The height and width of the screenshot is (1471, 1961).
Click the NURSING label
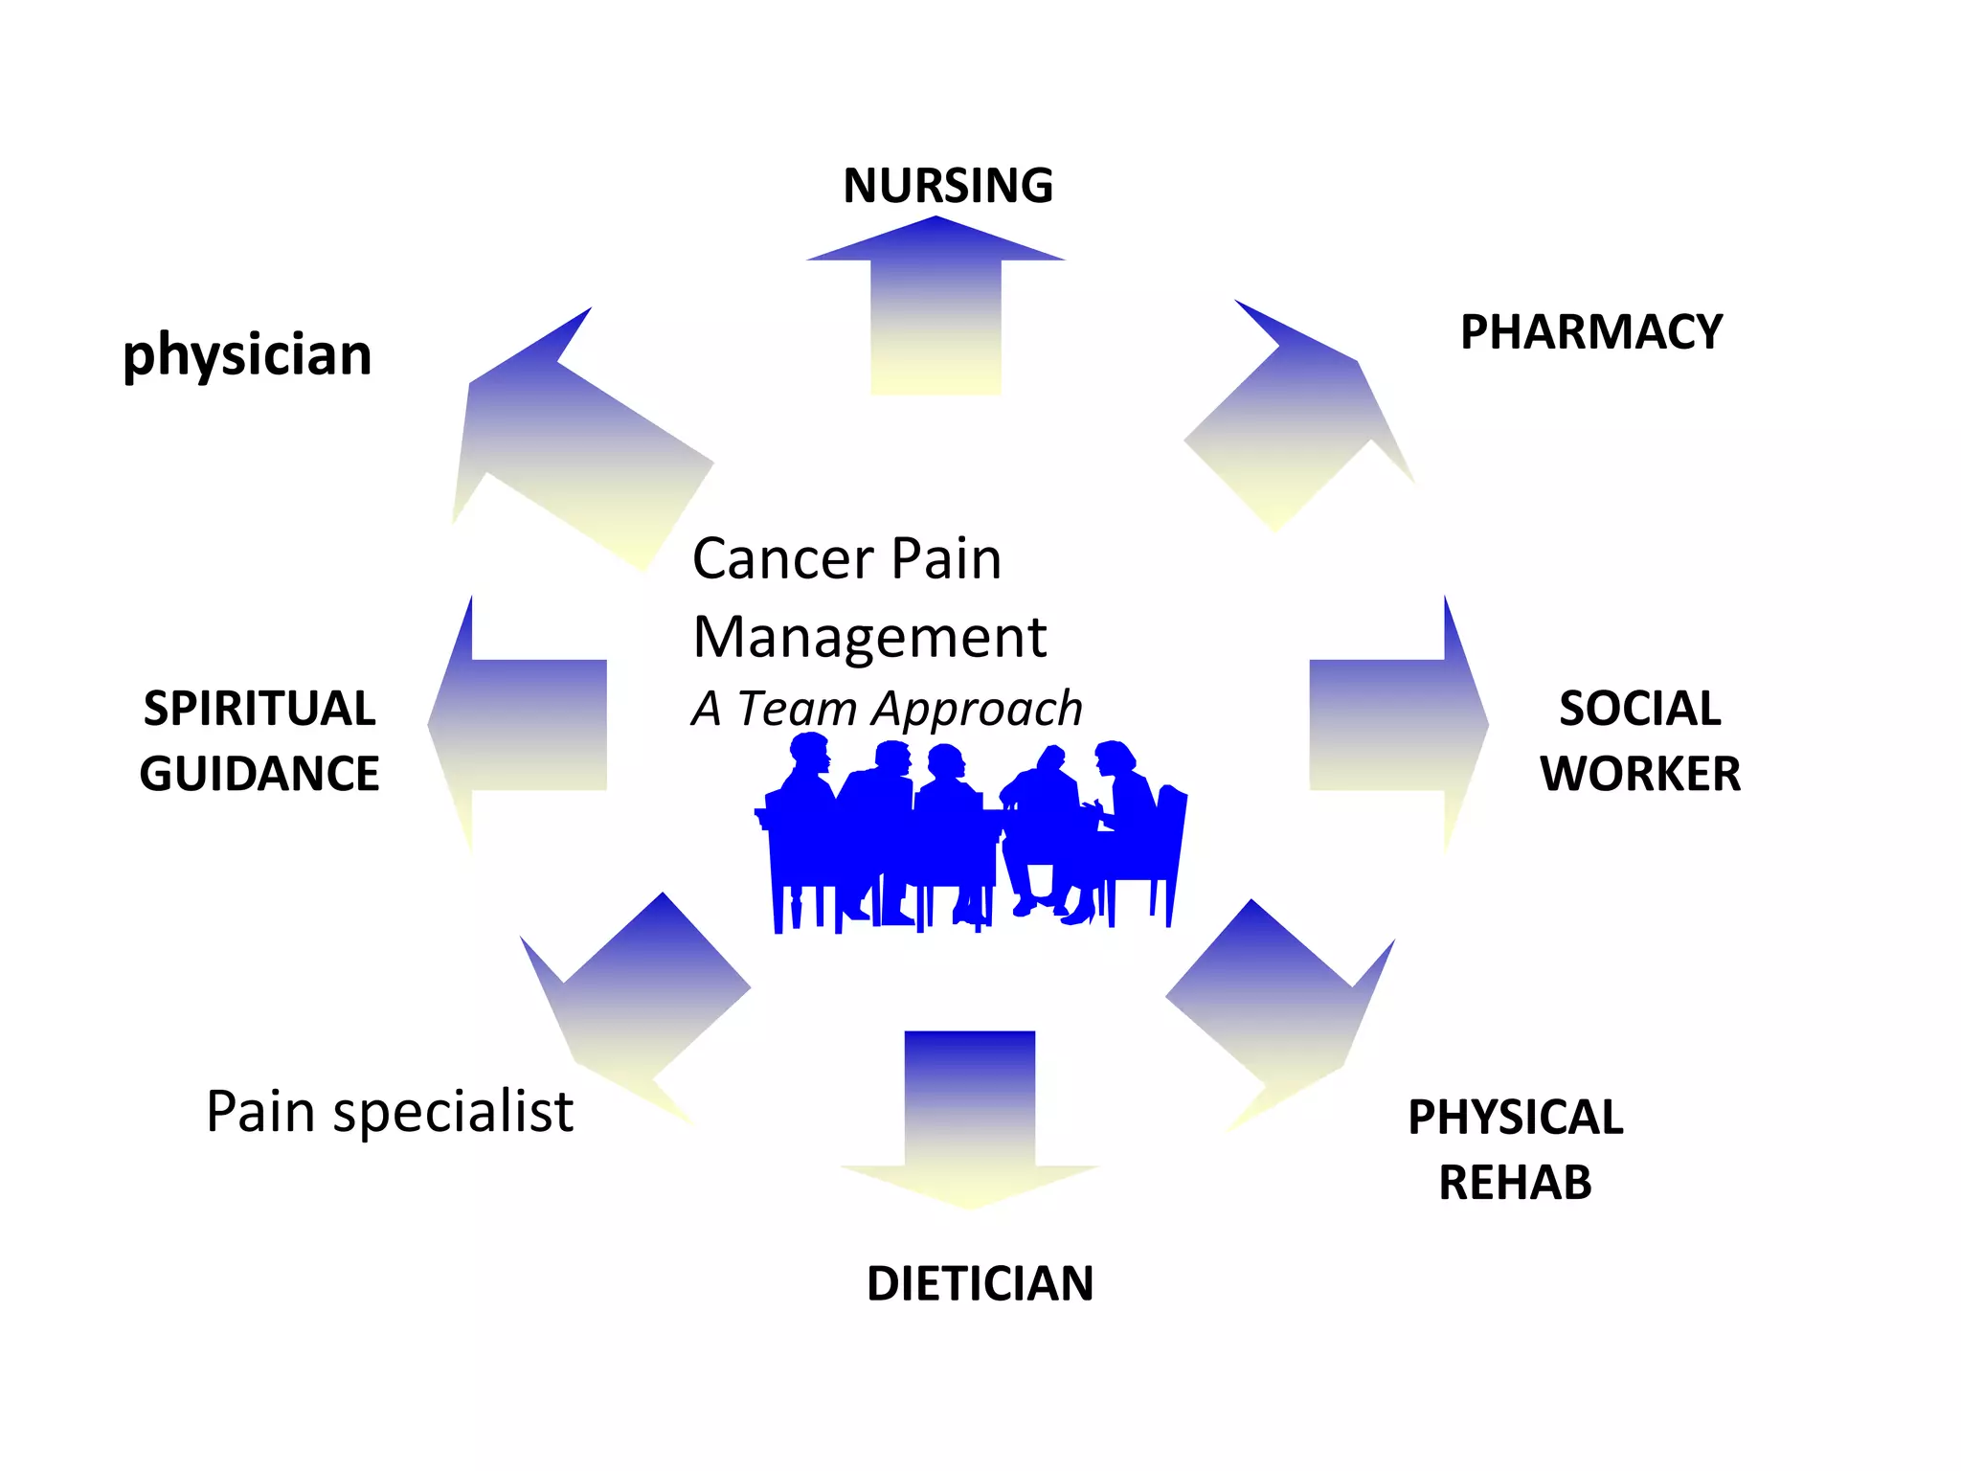[x=948, y=186]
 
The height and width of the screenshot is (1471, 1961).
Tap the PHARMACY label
[x=1590, y=333]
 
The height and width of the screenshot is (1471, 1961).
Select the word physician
[x=247, y=355]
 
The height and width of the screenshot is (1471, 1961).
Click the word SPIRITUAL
[x=259, y=710]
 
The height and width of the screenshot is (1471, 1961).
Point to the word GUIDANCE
[x=259, y=774]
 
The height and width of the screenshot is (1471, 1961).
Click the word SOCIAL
[x=1639, y=710]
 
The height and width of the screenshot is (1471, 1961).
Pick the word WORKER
[x=1639, y=774]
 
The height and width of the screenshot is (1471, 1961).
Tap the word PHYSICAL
[x=1515, y=1118]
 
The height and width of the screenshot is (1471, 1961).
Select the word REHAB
[x=1515, y=1183]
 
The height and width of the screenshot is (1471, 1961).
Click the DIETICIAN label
[x=980, y=1284]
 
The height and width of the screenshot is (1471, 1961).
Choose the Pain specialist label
[x=390, y=1112]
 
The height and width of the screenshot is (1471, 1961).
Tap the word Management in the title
[x=869, y=638]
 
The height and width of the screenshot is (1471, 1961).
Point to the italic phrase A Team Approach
[x=887, y=710]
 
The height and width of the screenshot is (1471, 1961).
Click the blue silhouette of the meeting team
[x=967, y=833]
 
